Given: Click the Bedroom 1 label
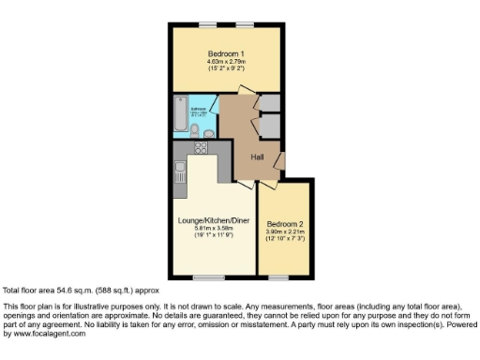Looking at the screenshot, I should click(x=225, y=54).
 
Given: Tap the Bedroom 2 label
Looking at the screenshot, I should click(x=285, y=224).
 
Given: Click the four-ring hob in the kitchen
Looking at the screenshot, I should click(x=200, y=147).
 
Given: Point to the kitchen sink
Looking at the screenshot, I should click(x=179, y=172).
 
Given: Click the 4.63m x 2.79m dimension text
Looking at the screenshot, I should click(x=225, y=63).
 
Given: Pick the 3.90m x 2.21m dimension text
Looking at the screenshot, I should click(x=285, y=232).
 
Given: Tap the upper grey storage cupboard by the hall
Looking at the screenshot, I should click(x=268, y=102).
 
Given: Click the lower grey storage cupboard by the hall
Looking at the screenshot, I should click(x=270, y=125).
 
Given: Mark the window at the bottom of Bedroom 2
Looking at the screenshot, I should click(x=278, y=278).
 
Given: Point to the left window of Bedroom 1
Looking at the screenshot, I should click(x=206, y=23).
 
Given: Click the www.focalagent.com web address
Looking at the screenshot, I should click(x=52, y=333).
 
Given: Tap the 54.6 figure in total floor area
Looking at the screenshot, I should click(x=55, y=291).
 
